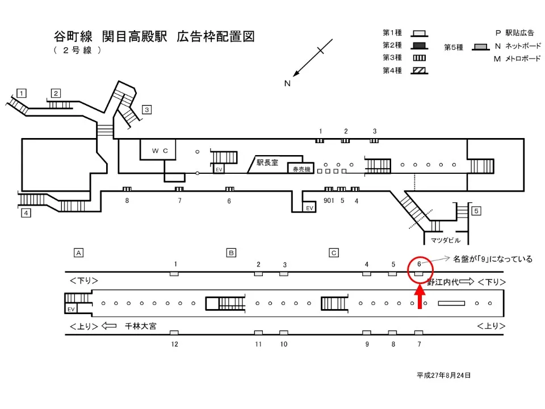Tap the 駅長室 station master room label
267,162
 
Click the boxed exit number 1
22,93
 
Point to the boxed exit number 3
146,110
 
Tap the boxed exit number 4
26,213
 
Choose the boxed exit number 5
476,211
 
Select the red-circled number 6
419,264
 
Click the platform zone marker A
79,252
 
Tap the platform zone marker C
334,252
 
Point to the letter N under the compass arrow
287,84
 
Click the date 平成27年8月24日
443,375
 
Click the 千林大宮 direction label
141,326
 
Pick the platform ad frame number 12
175,344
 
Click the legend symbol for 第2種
420,45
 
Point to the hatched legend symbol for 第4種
420,70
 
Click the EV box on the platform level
71,309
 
